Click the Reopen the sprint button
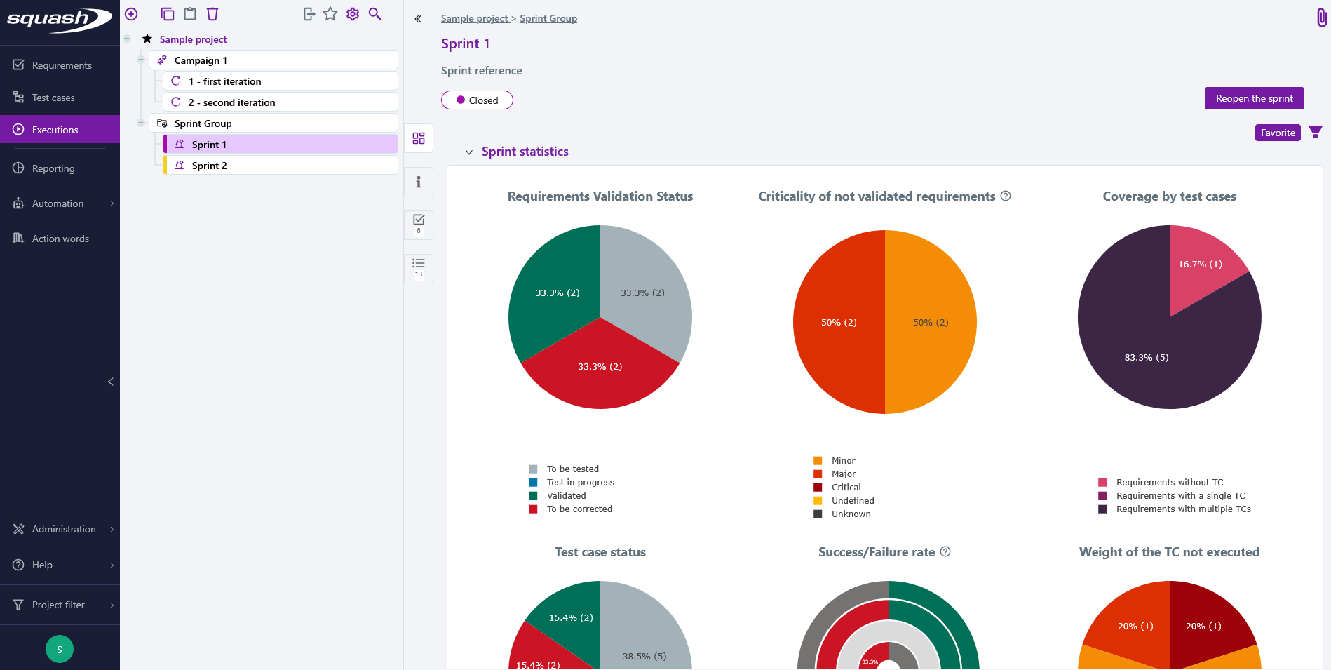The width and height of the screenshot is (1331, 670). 1254,98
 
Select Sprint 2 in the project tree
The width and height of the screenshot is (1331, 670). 209,166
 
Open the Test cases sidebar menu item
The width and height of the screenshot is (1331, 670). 53,98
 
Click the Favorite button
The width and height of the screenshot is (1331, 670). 1277,133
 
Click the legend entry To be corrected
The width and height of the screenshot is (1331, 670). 579,509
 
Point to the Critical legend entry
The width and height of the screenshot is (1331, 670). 846,488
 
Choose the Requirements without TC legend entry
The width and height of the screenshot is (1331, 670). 1169,483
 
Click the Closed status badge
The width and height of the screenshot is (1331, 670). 477,100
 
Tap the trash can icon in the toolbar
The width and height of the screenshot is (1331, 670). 212,14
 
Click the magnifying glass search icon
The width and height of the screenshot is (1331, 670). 375,14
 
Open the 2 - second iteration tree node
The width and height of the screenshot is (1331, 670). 231,102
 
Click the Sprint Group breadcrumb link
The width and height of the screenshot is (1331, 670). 548,18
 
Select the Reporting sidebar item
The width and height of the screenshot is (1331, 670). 53,168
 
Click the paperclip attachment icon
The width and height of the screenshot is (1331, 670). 1321,17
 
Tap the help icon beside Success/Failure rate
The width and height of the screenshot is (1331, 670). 945,551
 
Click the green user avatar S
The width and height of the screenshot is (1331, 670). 60,649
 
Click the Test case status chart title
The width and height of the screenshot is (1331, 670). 600,552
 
